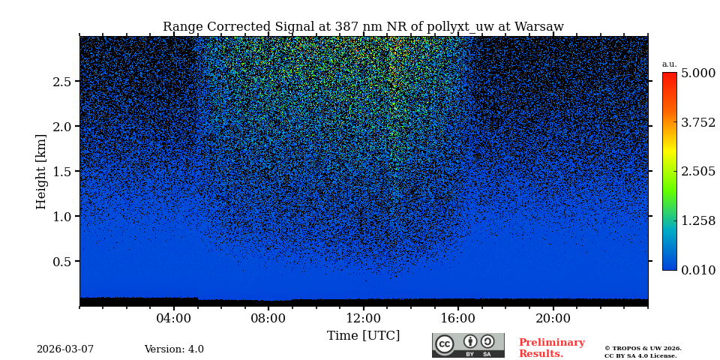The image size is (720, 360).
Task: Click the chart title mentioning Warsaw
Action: point(363,27)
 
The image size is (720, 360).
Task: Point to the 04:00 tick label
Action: point(174,317)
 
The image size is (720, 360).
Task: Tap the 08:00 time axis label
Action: point(268,317)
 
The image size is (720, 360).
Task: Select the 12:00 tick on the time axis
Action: point(364,317)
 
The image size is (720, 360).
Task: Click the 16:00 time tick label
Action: point(458,317)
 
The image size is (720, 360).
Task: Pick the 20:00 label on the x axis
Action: point(553,317)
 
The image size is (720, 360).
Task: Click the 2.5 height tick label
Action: point(62,82)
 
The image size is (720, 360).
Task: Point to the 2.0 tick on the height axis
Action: point(62,127)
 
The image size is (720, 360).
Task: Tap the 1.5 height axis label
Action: point(62,172)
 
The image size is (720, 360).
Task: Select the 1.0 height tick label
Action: point(62,217)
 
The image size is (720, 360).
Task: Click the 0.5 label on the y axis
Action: point(62,262)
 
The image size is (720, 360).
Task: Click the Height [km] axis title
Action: point(41,171)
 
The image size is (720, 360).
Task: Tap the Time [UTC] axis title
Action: point(363,335)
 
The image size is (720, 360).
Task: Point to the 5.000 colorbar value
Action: point(697,73)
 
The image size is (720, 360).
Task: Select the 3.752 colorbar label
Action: point(697,122)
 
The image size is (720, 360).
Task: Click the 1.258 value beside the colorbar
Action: point(697,220)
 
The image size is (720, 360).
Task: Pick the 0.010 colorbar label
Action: point(697,270)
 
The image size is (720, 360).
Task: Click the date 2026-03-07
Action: point(65,349)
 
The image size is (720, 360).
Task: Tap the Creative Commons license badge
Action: point(468,345)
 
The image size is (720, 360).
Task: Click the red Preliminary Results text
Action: point(551,348)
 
